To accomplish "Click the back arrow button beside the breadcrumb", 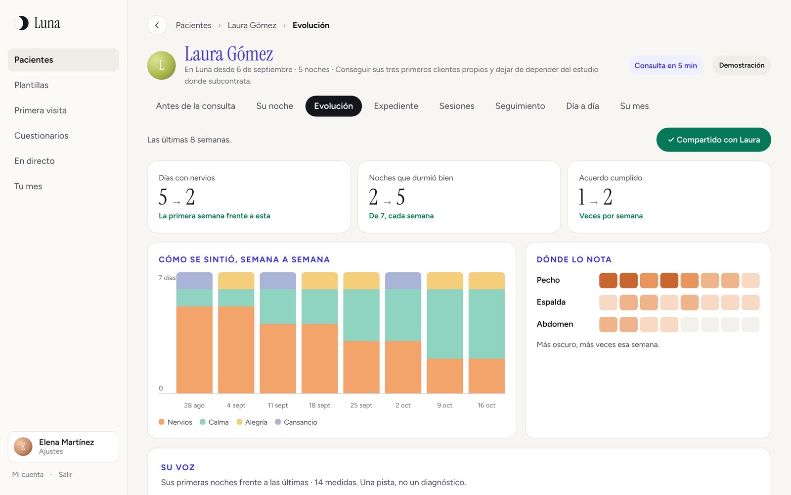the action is point(157,25).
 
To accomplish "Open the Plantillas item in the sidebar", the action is point(32,85).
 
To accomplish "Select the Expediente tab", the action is point(396,106).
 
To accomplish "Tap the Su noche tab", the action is point(274,106).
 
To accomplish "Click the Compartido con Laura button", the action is point(713,140).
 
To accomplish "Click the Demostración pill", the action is point(742,65).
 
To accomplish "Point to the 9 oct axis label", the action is point(444,405).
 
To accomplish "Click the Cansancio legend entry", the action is point(296,422).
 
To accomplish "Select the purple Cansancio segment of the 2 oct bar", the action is point(403,281).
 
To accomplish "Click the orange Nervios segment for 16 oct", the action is point(486,376).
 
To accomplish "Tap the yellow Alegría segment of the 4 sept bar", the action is point(236,281).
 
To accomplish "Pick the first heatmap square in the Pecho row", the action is point(608,280).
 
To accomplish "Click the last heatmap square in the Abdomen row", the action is point(750,324).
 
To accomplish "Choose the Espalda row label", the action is point(551,302).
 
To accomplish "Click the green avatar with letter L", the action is point(161,65).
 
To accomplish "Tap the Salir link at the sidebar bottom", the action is point(65,475).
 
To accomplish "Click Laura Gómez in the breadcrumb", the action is point(252,25).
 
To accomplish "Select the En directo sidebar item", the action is point(34,161).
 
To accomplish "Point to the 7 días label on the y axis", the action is point(167,278).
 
